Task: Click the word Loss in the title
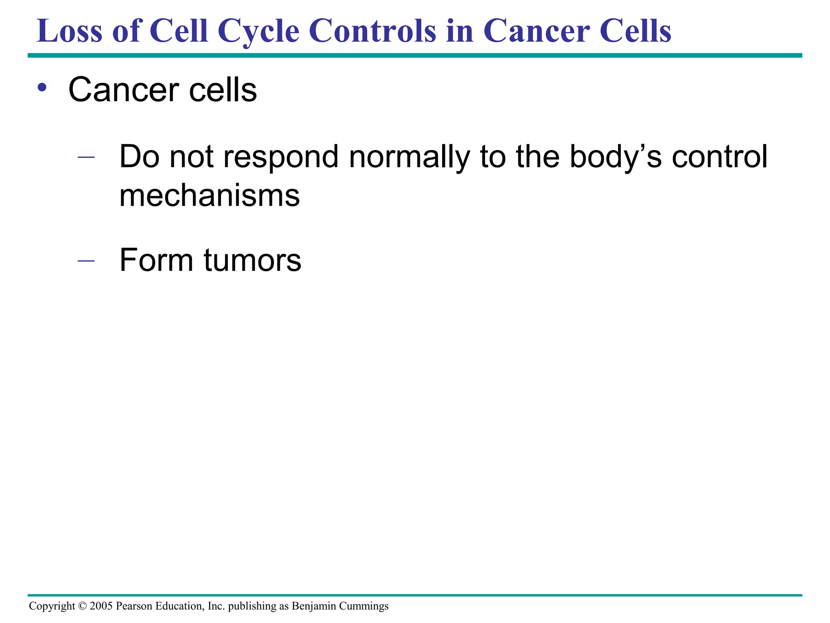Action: [69, 32]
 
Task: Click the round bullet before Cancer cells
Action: [42, 87]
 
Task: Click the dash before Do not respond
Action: [86, 157]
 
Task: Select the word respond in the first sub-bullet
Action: [281, 157]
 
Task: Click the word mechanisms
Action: [210, 195]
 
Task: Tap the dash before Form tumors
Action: [86, 260]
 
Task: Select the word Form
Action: [156, 260]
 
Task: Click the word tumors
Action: [252, 260]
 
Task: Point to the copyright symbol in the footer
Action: [82, 606]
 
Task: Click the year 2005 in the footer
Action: [101, 606]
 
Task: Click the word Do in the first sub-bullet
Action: [139, 157]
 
